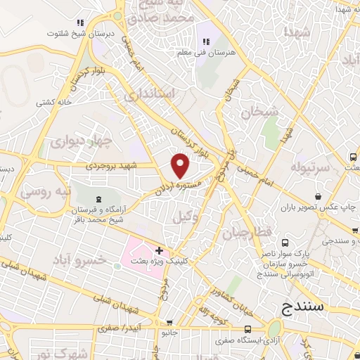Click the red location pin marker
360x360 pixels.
click(x=181, y=165)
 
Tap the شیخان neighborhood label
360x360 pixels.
click(x=259, y=111)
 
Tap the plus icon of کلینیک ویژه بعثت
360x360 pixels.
click(x=160, y=250)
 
